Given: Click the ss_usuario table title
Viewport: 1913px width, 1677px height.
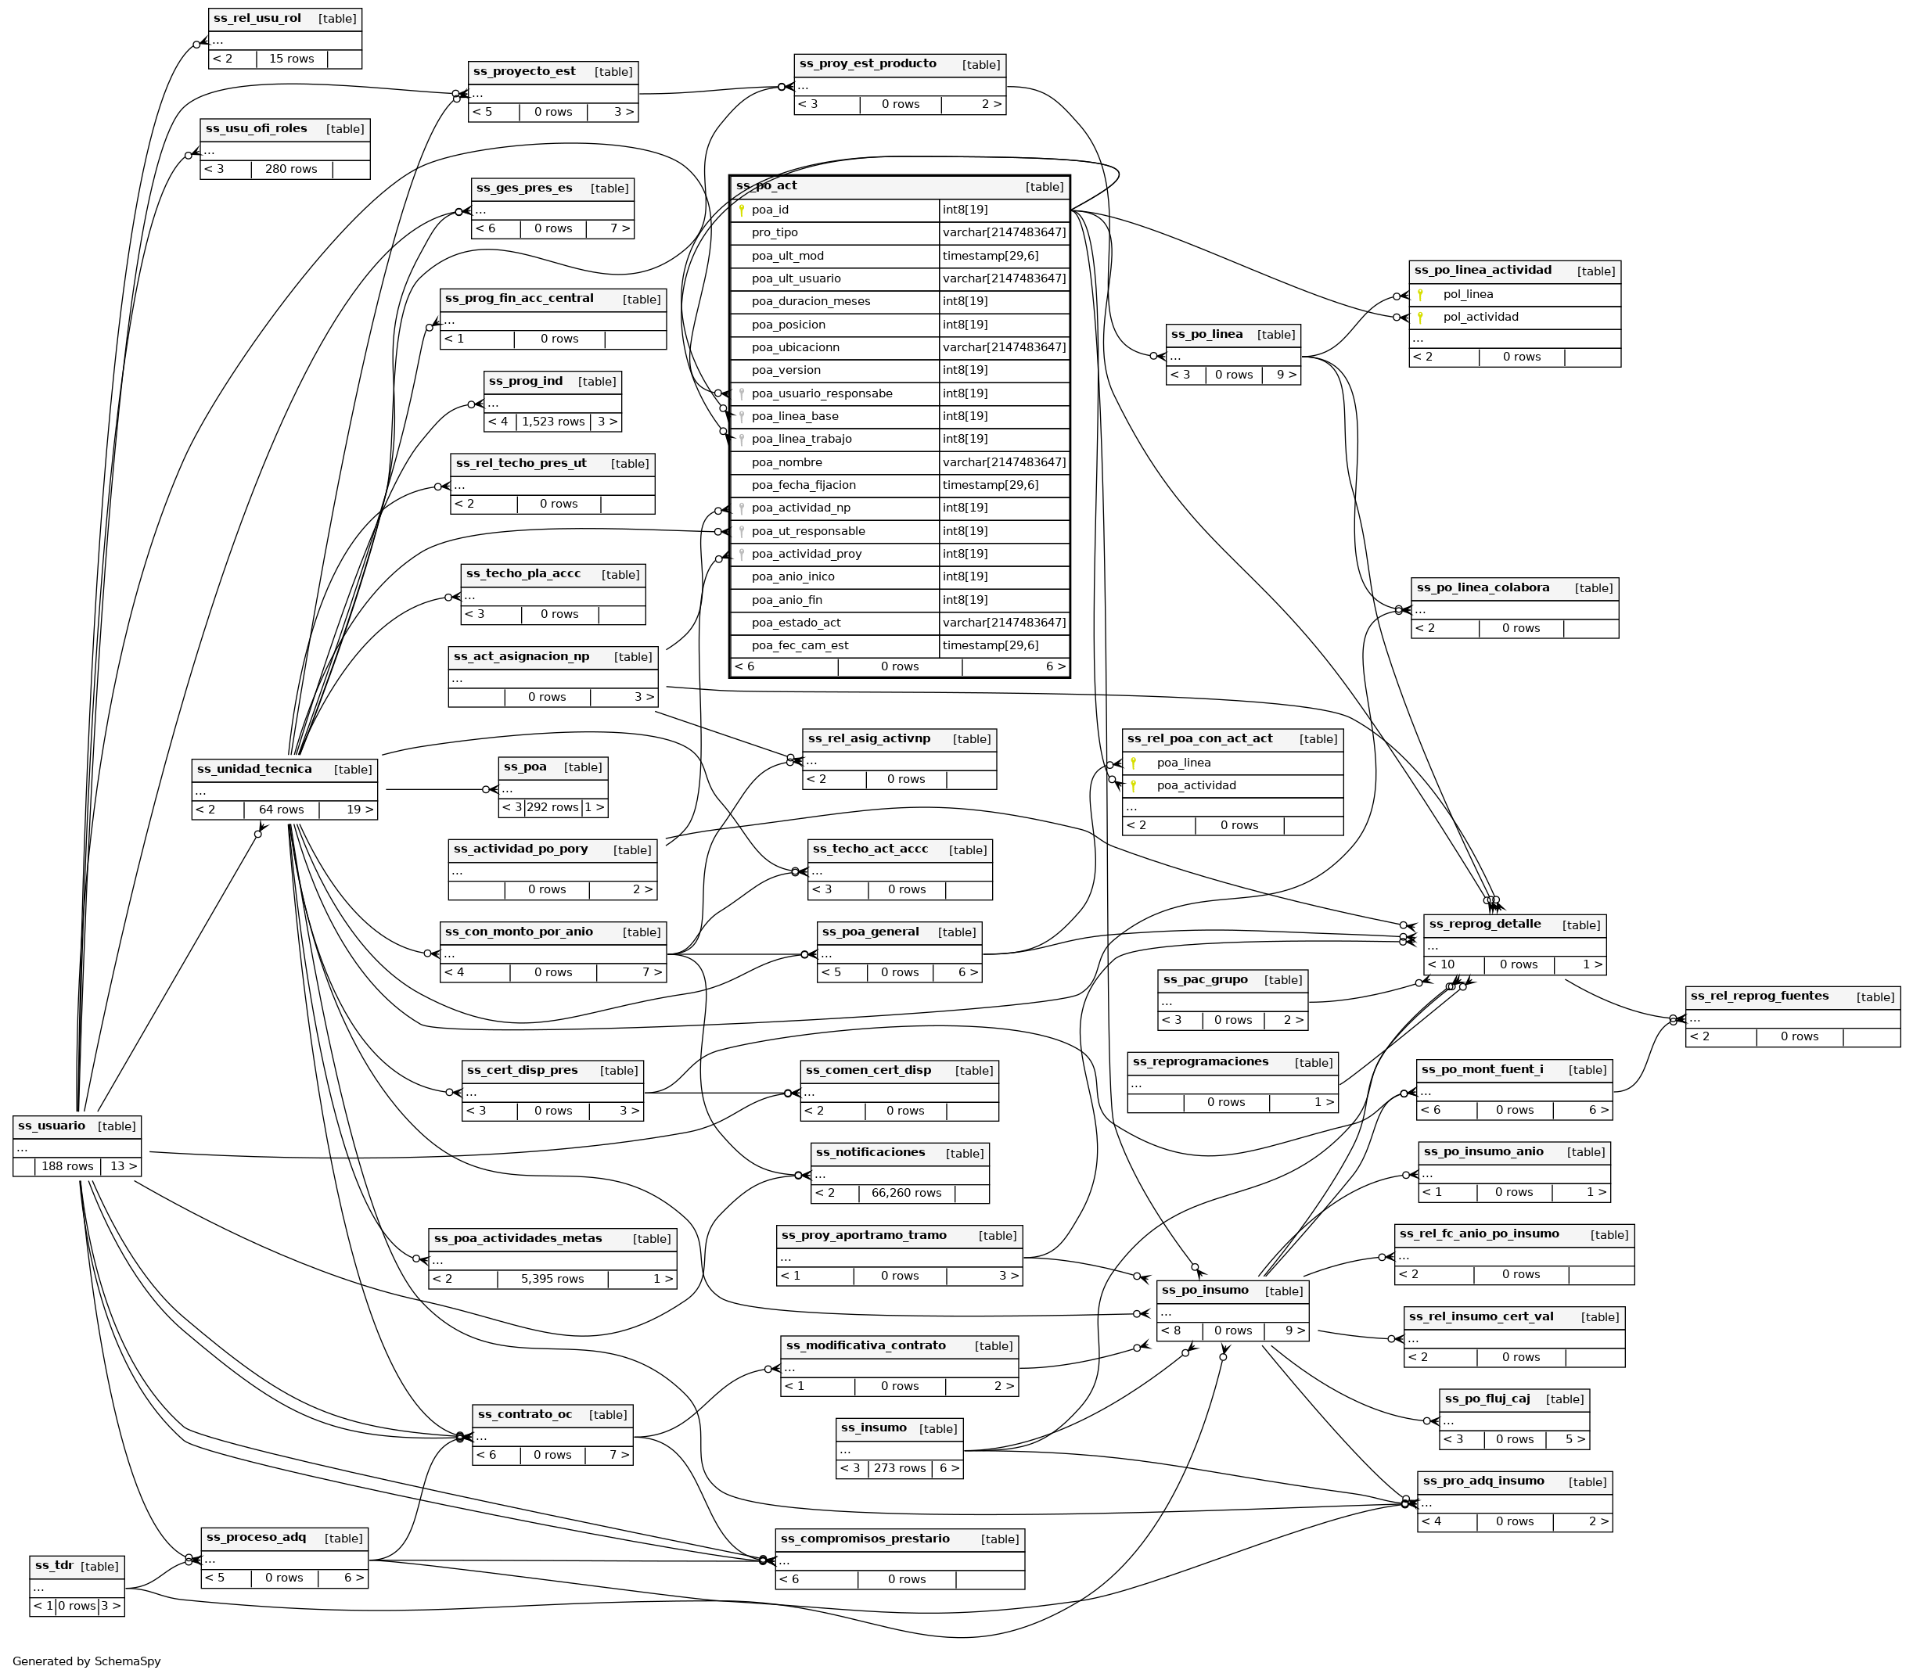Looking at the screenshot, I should [52, 1126].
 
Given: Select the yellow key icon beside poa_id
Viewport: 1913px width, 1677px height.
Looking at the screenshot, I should [741, 210].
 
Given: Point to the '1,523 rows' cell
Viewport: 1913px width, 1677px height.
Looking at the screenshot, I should [553, 422].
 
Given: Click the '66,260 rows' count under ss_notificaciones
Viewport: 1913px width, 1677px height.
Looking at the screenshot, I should [906, 1193].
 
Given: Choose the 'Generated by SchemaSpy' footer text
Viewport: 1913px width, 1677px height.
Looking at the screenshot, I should [86, 1661].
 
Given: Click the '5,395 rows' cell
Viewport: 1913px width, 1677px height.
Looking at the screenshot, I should [552, 1280].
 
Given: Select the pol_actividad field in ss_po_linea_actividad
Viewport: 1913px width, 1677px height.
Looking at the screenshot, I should [1480, 318].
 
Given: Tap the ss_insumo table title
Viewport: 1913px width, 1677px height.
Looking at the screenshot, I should [873, 1428].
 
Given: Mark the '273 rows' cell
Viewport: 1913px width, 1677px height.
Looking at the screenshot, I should [900, 1468].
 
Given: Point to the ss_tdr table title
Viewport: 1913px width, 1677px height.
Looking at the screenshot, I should [53, 1566].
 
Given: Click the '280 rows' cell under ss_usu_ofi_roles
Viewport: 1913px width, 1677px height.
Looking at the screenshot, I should [291, 170].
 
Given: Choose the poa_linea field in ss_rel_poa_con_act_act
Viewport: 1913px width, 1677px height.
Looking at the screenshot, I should [1183, 763].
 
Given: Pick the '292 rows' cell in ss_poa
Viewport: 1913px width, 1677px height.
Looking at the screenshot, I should [552, 808].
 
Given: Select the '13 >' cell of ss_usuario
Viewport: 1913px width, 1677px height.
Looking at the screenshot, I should [124, 1166].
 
